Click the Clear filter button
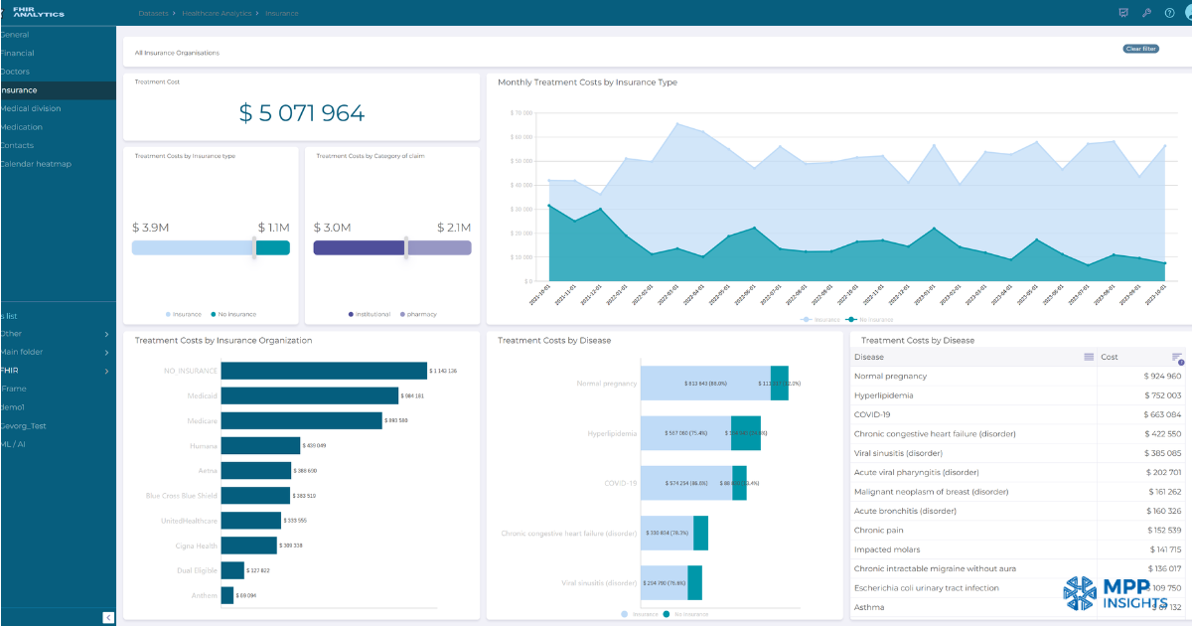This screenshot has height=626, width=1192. click(1140, 49)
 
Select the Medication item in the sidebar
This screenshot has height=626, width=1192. click(22, 127)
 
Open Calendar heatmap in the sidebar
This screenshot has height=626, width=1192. click(36, 164)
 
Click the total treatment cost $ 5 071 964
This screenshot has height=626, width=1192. click(301, 113)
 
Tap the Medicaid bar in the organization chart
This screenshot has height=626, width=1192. click(309, 395)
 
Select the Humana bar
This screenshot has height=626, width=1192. click(260, 445)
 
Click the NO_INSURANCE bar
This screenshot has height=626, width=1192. click(324, 371)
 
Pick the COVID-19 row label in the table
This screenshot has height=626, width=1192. click(872, 414)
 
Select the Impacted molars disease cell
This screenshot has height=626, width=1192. click(887, 549)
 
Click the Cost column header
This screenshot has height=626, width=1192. click(1110, 357)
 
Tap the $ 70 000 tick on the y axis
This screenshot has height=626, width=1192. click(521, 113)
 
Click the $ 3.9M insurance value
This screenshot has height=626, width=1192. click(150, 228)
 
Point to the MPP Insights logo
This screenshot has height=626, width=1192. click(1116, 593)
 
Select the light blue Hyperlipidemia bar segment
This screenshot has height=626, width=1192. click(685, 433)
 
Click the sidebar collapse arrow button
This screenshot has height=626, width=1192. click(108, 618)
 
